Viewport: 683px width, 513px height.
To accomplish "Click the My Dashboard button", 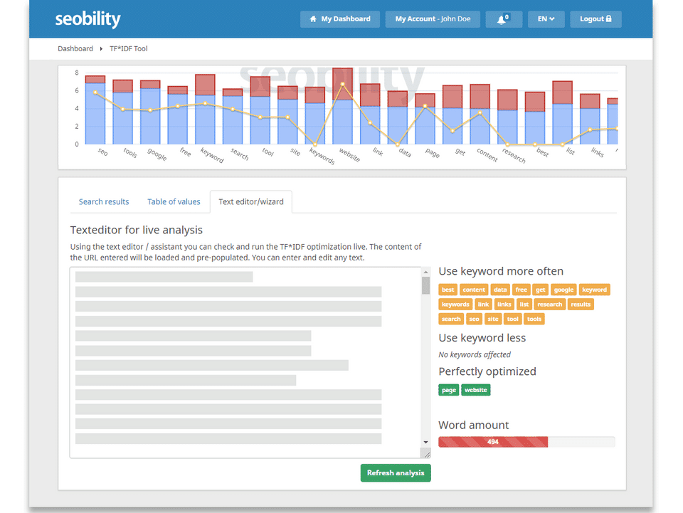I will [339, 19].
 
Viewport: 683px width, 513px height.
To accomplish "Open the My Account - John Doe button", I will [438, 19].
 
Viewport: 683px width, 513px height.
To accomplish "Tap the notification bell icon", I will [503, 19].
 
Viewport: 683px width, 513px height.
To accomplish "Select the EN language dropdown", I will [546, 19].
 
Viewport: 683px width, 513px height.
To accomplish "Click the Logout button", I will [595, 19].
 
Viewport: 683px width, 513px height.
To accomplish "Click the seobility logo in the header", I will [88, 19].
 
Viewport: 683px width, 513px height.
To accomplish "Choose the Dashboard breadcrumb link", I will [75, 48].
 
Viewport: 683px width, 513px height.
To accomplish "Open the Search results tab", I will [104, 201].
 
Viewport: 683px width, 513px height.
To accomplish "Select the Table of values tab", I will [174, 201].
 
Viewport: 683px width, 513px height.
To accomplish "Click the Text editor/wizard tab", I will [251, 201].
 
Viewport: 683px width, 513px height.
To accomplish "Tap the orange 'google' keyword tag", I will [563, 290].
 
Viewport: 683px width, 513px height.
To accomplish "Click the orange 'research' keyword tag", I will [549, 304].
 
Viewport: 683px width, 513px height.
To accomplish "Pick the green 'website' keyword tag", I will [476, 390].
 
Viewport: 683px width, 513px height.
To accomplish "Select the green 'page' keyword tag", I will [449, 390].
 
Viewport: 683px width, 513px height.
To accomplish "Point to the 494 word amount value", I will [493, 442].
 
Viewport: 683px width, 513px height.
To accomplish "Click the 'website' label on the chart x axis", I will [349, 154].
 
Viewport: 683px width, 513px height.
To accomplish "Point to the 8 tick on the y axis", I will [76, 73].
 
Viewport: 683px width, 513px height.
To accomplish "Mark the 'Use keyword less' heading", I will [482, 337].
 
